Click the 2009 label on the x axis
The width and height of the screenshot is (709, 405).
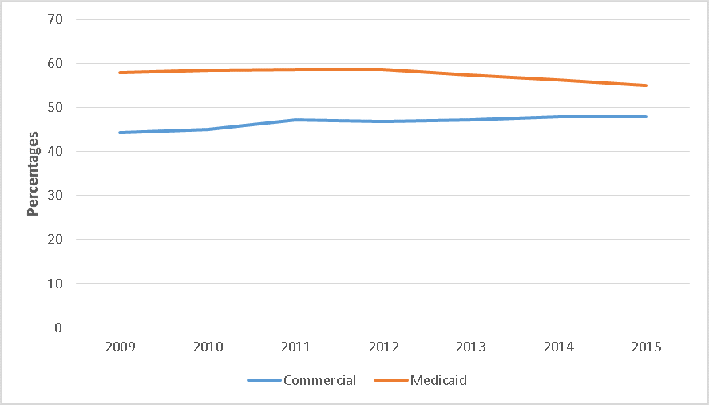121,347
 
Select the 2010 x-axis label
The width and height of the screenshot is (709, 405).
208,347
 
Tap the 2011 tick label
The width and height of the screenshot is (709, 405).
296,347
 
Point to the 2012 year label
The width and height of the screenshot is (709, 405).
383,347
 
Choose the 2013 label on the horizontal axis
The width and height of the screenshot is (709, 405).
471,347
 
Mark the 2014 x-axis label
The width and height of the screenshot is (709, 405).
559,347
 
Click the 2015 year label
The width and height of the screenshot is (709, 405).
646,347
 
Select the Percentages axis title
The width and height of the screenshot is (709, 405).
34,173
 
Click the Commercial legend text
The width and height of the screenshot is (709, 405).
319,380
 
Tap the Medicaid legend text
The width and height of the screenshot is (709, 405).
438,380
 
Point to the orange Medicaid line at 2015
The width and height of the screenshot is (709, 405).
646,85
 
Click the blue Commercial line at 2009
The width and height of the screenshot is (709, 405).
121,133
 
